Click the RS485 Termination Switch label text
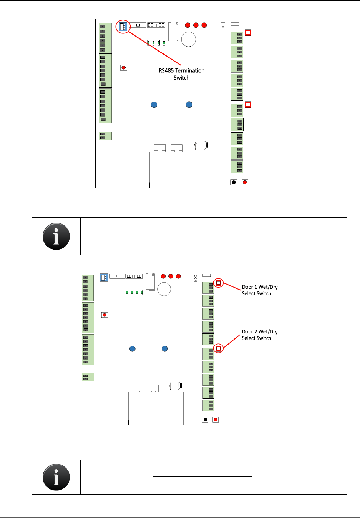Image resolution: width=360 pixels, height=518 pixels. tap(181, 74)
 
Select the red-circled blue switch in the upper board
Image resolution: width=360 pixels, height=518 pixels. tap(123, 27)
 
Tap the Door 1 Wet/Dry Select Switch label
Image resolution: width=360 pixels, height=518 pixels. tap(259, 290)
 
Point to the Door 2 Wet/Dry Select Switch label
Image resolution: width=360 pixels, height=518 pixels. tap(259, 335)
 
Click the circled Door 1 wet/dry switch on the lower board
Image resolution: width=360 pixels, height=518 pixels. tap(218, 283)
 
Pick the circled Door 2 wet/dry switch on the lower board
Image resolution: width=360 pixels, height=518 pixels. tap(218, 349)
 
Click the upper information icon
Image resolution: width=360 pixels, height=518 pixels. tap(56, 236)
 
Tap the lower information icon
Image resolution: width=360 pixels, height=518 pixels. tap(56, 477)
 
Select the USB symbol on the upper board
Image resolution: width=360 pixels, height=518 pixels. tap(196, 145)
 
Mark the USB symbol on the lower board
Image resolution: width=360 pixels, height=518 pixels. tap(170, 386)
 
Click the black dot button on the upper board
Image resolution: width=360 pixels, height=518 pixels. tap(234, 182)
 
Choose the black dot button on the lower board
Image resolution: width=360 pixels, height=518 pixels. tap(205, 420)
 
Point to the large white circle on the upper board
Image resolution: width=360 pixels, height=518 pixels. tap(189, 39)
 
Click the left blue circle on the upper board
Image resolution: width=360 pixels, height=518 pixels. tap(154, 105)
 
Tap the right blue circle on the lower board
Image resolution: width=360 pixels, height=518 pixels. tap(164, 349)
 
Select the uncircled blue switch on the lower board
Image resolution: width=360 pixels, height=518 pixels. tap(104, 277)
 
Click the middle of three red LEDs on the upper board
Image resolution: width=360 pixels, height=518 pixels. tap(196, 25)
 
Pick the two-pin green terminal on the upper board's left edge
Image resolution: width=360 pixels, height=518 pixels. tap(105, 136)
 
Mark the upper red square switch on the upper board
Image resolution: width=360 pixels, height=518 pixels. tap(248, 33)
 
